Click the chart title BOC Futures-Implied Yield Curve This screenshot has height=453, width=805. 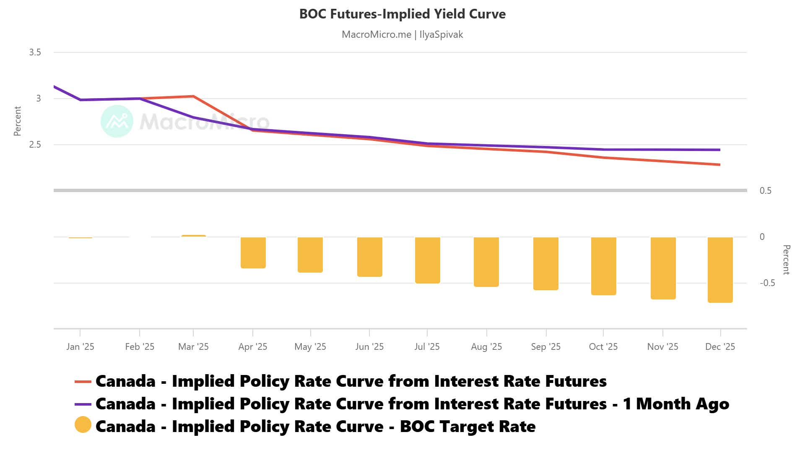402,14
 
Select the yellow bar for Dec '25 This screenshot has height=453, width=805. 720,269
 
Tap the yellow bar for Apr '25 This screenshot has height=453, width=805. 253,253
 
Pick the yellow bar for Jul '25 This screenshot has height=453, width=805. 427,260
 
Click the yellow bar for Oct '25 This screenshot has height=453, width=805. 603,266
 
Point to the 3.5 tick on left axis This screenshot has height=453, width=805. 35,52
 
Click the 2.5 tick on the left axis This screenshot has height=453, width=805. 35,145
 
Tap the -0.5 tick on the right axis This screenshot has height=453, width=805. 767,283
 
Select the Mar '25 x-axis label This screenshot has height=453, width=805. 193,347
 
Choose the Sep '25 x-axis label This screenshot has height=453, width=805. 545,347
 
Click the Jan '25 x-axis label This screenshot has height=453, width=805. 80,347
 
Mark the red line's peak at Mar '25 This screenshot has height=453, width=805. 193,96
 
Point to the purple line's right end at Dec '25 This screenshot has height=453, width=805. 719,150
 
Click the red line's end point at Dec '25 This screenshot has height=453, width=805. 719,164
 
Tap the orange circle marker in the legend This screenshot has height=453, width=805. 83,425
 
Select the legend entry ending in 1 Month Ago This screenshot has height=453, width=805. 412,404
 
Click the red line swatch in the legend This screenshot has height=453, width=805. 83,381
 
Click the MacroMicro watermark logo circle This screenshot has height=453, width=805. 117,121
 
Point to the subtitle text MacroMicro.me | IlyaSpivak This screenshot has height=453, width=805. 402,34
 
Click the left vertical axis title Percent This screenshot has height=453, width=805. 17,121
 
